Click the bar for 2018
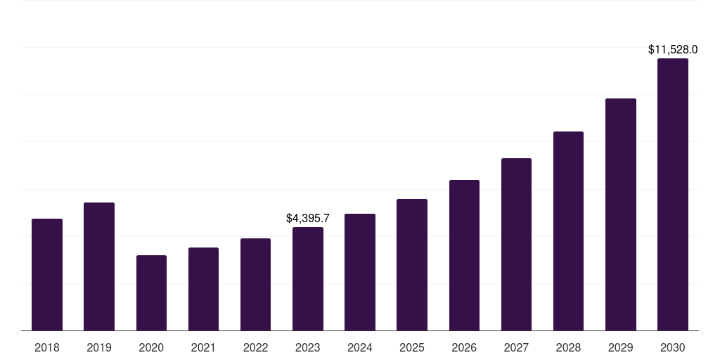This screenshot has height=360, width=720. tap(47, 274)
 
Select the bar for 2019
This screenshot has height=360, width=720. tap(99, 266)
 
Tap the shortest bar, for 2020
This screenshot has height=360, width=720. tap(151, 292)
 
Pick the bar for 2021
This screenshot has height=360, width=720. tap(203, 289)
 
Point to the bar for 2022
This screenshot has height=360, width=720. tap(255, 284)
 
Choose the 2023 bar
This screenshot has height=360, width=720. tap(308, 278)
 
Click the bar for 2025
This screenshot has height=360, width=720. tap(412, 264)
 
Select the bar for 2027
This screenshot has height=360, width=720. tap(516, 244)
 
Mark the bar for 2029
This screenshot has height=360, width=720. tap(620, 214)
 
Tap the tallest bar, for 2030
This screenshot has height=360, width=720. tap(673, 194)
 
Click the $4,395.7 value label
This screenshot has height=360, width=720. tap(308, 219)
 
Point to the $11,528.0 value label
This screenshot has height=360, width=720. tap(673, 50)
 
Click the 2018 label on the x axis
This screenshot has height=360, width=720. tap(47, 347)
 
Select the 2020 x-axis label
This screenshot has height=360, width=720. tap(151, 347)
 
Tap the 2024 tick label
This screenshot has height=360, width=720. tap(360, 347)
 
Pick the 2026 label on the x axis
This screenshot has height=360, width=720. tap(464, 347)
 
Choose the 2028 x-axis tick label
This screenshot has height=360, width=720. tap(568, 347)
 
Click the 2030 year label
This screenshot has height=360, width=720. tap(673, 347)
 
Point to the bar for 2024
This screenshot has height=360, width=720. tap(360, 272)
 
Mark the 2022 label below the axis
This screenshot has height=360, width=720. tap(255, 347)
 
